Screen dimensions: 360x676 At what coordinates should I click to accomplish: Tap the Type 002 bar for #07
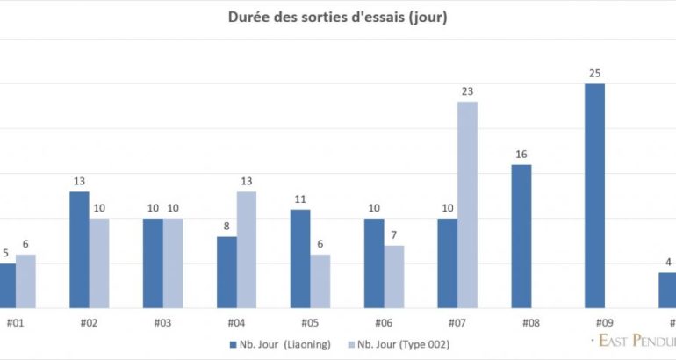(x=467, y=205)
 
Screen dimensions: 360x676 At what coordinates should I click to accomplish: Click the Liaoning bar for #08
(x=521, y=236)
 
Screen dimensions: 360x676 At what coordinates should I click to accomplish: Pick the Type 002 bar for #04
(x=246, y=249)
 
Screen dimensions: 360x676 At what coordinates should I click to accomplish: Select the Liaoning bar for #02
(x=79, y=249)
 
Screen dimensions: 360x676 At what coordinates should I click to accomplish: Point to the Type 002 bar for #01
(x=25, y=281)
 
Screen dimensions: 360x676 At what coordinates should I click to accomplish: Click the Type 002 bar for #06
(x=394, y=277)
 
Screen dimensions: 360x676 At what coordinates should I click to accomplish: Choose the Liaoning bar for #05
(x=300, y=258)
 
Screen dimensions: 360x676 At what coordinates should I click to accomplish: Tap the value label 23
(x=467, y=91)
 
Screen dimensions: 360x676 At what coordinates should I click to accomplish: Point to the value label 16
(x=521, y=155)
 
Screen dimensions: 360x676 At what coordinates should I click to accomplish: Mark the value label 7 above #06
(x=394, y=235)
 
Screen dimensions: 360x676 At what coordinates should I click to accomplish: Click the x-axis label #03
(x=162, y=322)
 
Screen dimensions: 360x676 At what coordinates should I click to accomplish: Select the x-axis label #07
(x=457, y=322)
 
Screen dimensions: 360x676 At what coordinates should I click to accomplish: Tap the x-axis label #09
(x=604, y=322)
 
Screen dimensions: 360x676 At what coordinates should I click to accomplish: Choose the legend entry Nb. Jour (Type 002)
(x=399, y=343)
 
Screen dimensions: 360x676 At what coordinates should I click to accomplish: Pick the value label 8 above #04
(x=227, y=227)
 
